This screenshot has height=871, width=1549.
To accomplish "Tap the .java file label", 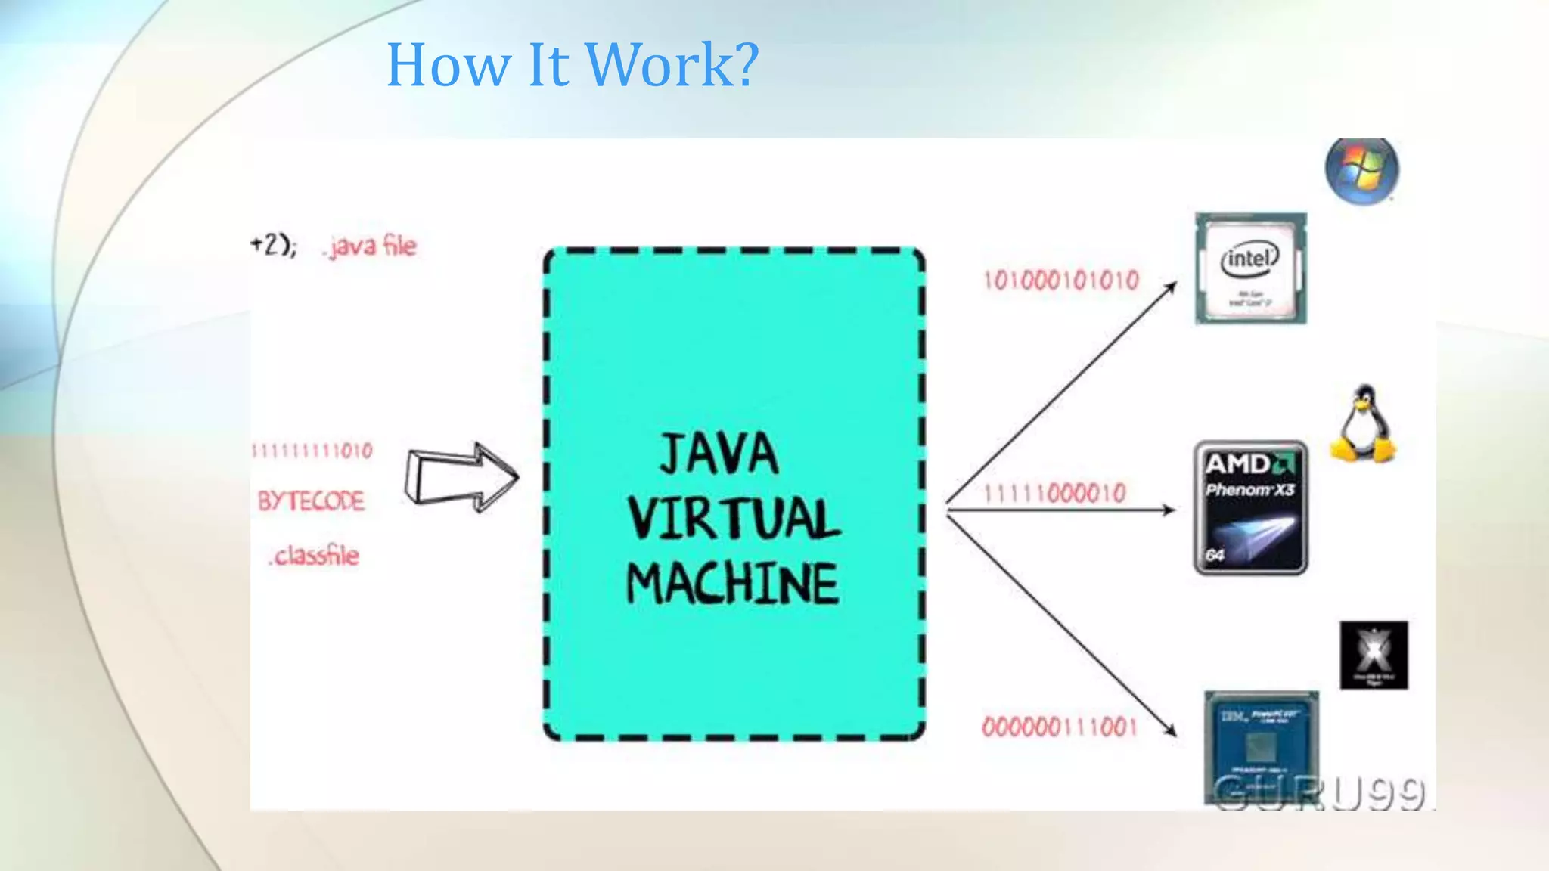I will pyautogui.click(x=370, y=246).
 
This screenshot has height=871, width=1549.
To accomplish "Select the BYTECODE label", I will pyautogui.click(x=311, y=501).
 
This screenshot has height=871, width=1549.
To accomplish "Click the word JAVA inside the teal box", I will pyautogui.click(x=718, y=454).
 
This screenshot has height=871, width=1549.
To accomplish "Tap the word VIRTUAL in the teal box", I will pyautogui.click(x=734, y=519).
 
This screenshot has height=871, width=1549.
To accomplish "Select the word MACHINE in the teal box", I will pyautogui.click(x=732, y=583).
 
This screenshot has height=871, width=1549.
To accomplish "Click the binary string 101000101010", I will pyautogui.click(x=1060, y=281).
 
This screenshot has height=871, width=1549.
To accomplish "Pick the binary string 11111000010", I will pyautogui.click(x=1055, y=494).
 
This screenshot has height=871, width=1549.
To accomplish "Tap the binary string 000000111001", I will pyautogui.click(x=1059, y=727).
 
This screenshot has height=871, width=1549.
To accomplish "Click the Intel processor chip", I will pyautogui.click(x=1250, y=268).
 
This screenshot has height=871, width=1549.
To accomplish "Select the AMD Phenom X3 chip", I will pyautogui.click(x=1250, y=507).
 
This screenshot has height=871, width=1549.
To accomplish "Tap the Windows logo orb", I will pyautogui.click(x=1361, y=171).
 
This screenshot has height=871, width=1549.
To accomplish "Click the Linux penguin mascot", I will pyautogui.click(x=1363, y=424).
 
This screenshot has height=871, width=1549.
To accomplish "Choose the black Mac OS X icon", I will pyautogui.click(x=1374, y=655).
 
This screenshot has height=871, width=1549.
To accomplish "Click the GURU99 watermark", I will pyautogui.click(x=1319, y=792).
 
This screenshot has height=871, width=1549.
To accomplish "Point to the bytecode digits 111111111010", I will pyautogui.click(x=312, y=451).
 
